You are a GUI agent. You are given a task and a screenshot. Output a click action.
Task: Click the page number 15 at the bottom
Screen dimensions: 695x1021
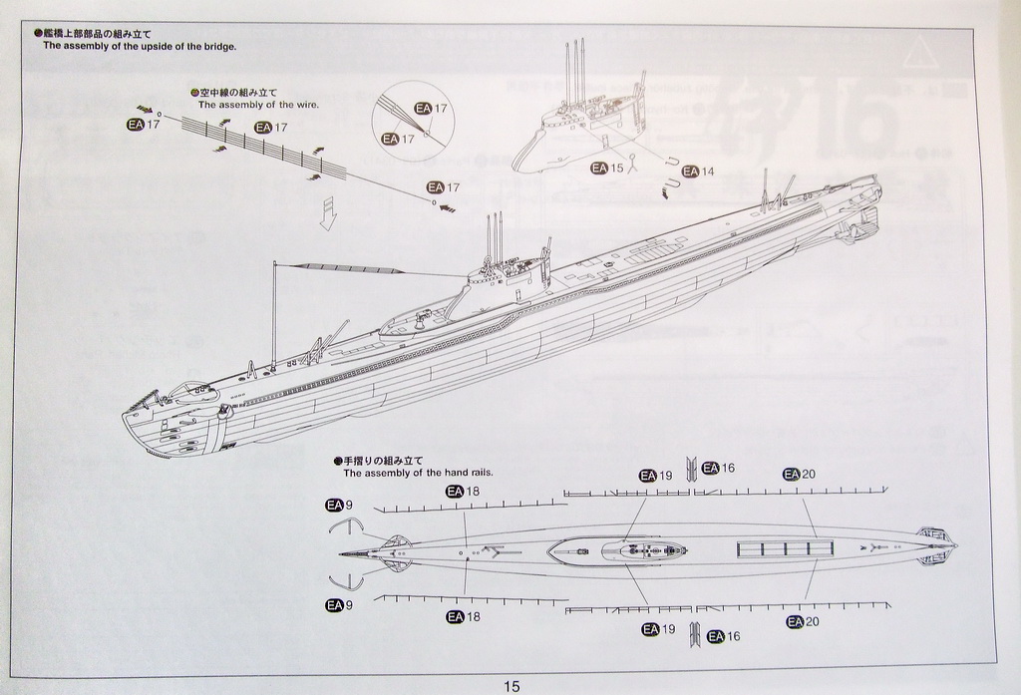point(511,686)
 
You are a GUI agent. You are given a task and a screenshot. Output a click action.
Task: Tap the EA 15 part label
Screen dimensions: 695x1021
point(606,168)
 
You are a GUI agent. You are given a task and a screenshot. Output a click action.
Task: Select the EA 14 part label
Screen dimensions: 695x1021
point(698,172)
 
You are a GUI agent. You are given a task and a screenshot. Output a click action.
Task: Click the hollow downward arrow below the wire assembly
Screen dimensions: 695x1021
point(327,213)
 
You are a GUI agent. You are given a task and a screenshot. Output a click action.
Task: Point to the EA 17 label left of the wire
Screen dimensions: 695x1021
point(144,125)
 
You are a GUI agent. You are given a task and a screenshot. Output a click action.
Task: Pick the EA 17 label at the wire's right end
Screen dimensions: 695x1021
point(443,187)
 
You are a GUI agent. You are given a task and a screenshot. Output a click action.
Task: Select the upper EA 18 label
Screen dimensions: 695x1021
point(464,491)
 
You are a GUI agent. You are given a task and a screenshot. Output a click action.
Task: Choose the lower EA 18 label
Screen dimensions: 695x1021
point(464,617)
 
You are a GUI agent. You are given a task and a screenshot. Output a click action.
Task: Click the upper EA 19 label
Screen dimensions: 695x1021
point(657,476)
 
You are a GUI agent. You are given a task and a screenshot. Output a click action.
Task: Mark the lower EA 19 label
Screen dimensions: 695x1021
point(658,629)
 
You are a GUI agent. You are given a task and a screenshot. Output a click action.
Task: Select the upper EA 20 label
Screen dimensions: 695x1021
point(800,474)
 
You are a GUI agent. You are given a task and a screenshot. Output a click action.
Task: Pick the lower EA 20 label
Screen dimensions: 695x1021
point(802,622)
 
